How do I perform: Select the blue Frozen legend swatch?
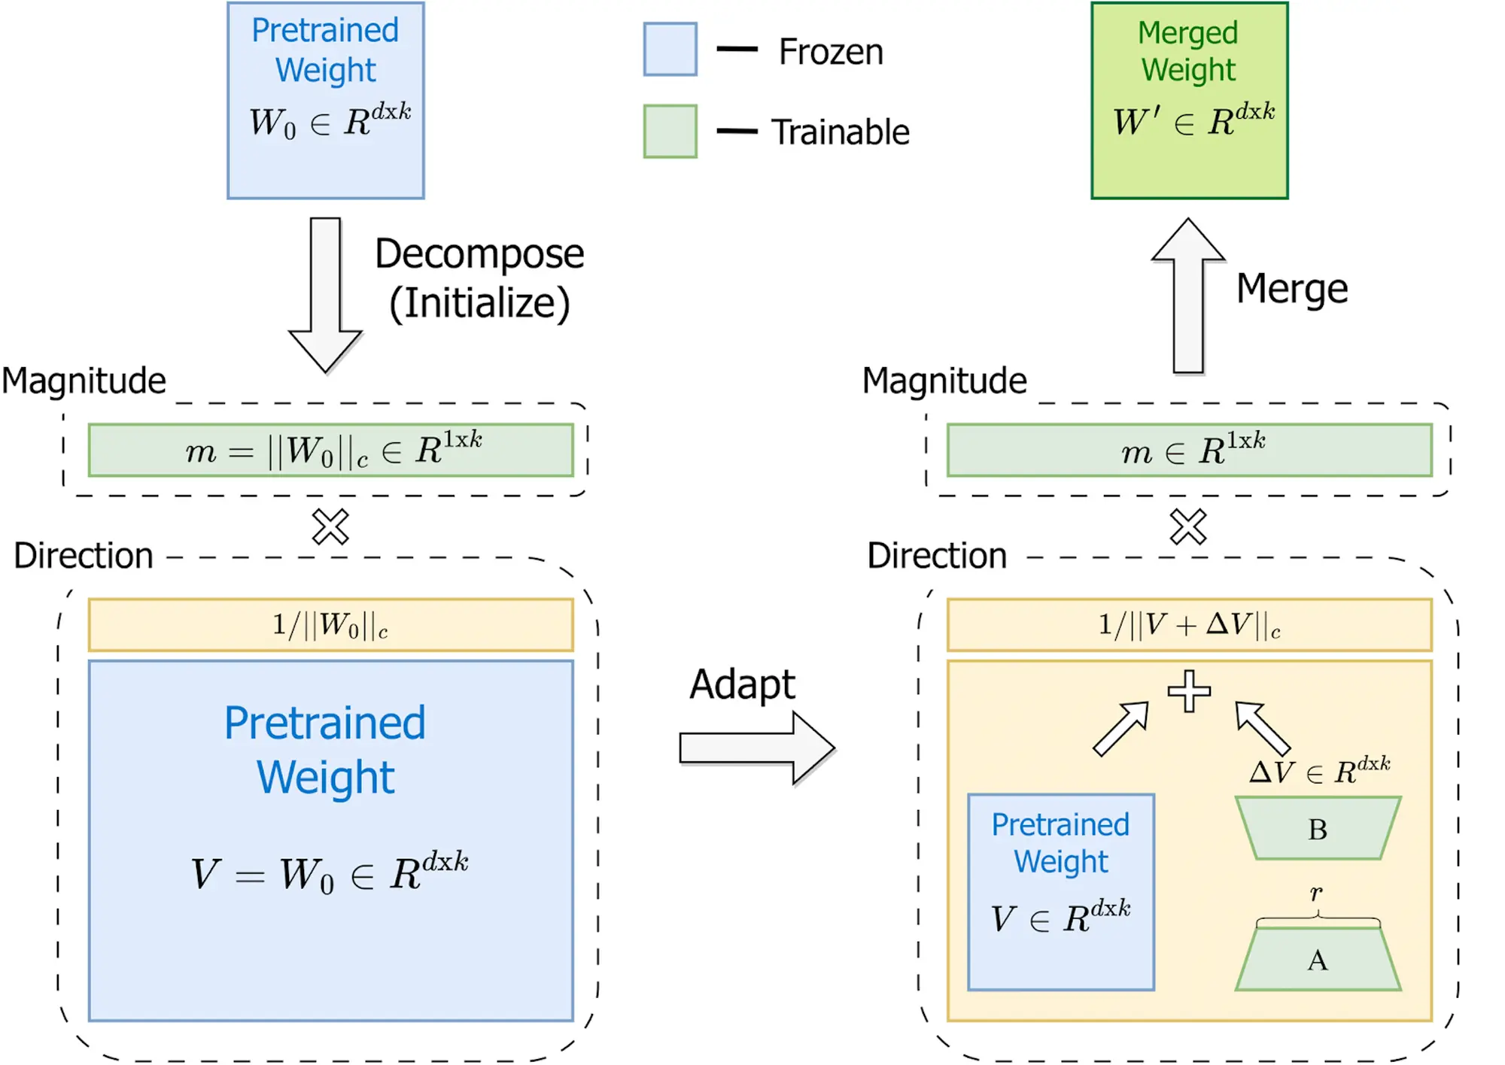pyautogui.click(x=670, y=50)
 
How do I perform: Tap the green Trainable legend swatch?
pyautogui.click(x=670, y=132)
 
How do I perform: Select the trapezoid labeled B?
pyautogui.click(x=1318, y=828)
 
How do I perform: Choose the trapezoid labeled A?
pyautogui.click(x=1318, y=960)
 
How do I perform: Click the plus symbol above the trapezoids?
pyautogui.click(x=1189, y=690)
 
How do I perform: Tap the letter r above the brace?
pyautogui.click(x=1316, y=893)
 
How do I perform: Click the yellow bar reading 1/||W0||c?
pyautogui.click(x=330, y=624)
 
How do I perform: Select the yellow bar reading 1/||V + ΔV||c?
pyautogui.click(x=1189, y=624)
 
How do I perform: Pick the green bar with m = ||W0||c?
pyautogui.click(x=330, y=450)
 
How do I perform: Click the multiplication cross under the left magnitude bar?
pyautogui.click(x=330, y=526)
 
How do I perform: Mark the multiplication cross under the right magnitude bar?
pyautogui.click(x=1188, y=526)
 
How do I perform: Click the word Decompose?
pyautogui.click(x=479, y=254)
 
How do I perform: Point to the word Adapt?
pyautogui.click(x=742, y=684)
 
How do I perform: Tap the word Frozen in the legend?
pyautogui.click(x=831, y=52)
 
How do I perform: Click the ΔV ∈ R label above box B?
pyautogui.click(x=1319, y=770)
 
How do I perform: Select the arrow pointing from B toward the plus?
pyautogui.click(x=1263, y=727)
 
